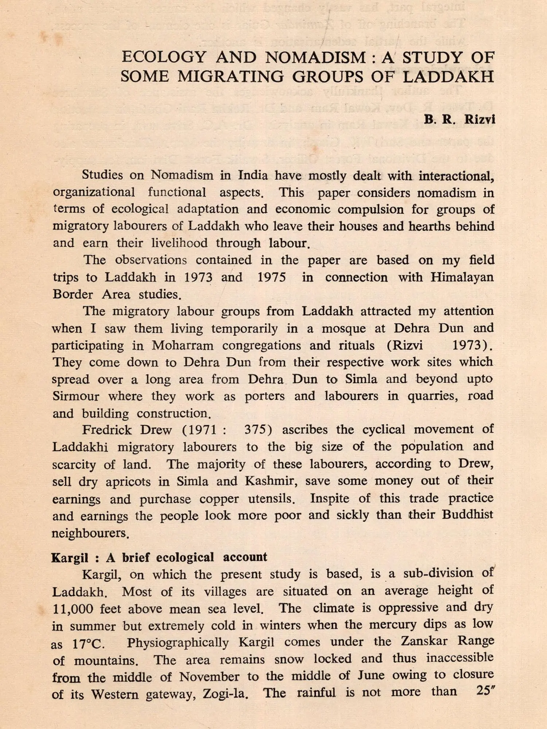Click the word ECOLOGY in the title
pos(164,58)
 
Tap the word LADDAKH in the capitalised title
pos(448,77)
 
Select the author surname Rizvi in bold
pos(480,120)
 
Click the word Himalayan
pos(462,277)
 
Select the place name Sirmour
pos(76,396)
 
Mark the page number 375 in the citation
pos(258,430)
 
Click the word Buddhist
pos(468,515)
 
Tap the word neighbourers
pos(90,533)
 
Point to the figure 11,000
pos(73,609)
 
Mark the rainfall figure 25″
pos(485,691)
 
